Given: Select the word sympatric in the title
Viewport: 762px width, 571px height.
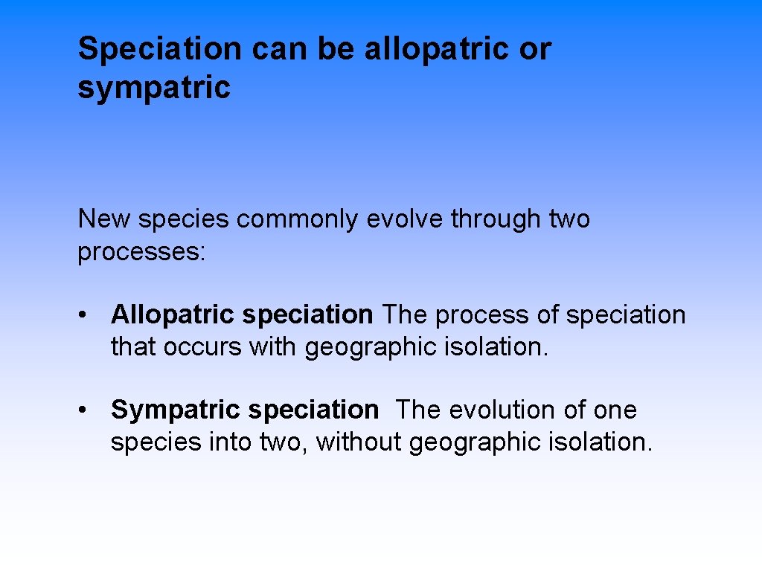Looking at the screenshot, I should pyautogui.click(x=154, y=88).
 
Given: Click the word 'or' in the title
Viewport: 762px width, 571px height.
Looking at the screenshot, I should pyautogui.click(x=536, y=50).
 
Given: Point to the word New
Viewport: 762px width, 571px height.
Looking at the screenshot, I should pyautogui.click(x=104, y=219).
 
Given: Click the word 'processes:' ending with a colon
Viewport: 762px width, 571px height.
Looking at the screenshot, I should pyautogui.click(x=141, y=252).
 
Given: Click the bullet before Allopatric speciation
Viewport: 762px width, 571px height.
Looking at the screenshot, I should pyautogui.click(x=87, y=315).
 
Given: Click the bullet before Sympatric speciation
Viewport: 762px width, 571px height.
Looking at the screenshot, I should pyautogui.click(x=87, y=410).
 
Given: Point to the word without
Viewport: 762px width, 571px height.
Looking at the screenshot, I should pyautogui.click(x=359, y=442).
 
